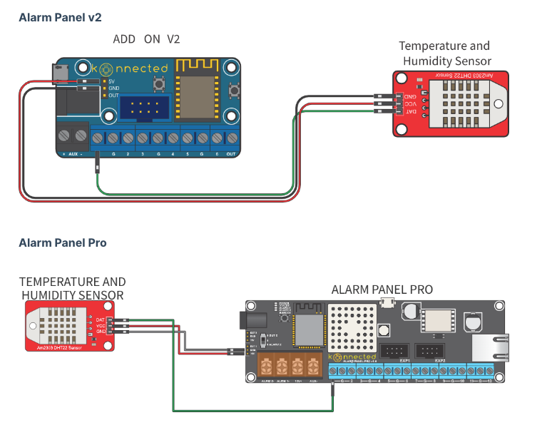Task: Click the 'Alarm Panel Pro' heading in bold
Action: (x=63, y=243)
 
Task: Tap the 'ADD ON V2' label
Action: (x=147, y=39)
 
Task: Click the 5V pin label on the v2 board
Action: (x=112, y=81)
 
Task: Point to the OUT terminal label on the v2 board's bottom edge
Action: (x=230, y=154)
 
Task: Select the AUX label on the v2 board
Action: (x=73, y=154)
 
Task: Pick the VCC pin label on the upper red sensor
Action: (x=411, y=104)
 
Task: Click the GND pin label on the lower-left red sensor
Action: (x=101, y=332)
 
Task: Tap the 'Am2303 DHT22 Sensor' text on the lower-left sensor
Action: (x=65, y=346)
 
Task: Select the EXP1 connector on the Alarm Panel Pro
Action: (x=394, y=350)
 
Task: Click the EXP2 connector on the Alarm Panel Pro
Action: (x=430, y=350)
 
